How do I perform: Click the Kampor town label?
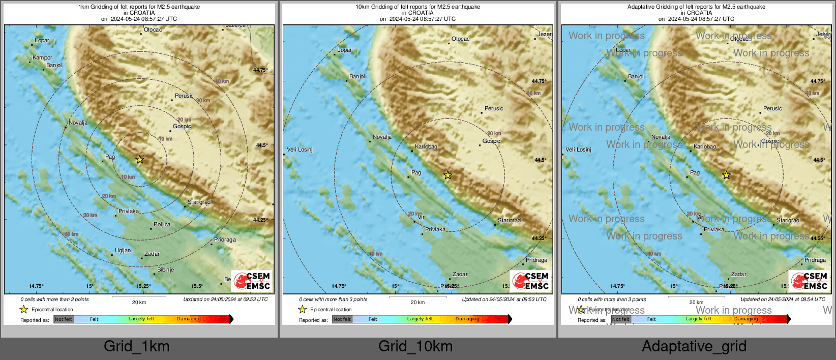click(x=42, y=58)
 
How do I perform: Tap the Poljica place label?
click(x=162, y=224)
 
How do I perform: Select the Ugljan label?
click(x=123, y=250)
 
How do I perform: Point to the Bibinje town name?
click(x=165, y=269)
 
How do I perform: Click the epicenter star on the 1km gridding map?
click(x=140, y=160)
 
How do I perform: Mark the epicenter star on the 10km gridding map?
click(x=447, y=175)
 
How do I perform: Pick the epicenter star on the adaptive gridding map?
click(x=726, y=175)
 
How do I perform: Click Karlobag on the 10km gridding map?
click(x=426, y=147)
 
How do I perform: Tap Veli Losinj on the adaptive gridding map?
click(x=578, y=149)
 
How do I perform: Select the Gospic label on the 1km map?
click(x=182, y=126)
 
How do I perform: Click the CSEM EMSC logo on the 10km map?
click(x=531, y=281)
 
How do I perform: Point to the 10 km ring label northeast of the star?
click(x=165, y=139)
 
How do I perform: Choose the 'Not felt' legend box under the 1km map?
click(x=64, y=319)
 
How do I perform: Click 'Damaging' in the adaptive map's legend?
click(x=745, y=319)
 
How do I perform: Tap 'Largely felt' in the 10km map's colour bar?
click(x=420, y=319)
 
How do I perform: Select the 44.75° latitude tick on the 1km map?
click(x=260, y=70)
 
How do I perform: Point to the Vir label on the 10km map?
click(x=421, y=217)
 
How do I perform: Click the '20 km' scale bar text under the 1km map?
click(x=139, y=303)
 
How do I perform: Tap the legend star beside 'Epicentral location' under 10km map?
click(x=303, y=309)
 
